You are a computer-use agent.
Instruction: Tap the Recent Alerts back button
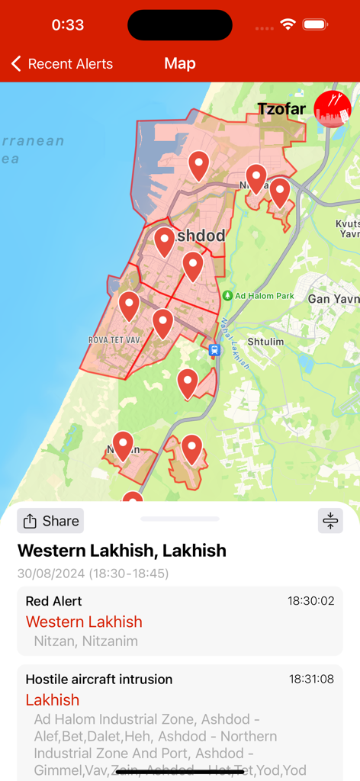click(x=62, y=64)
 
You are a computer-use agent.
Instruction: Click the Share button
click(x=50, y=521)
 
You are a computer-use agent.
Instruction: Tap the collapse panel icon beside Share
click(x=330, y=521)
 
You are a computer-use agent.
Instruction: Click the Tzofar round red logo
click(x=333, y=108)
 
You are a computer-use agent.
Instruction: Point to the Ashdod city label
click(x=200, y=236)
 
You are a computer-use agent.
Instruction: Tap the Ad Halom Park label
click(x=264, y=295)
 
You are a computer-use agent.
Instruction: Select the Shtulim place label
click(x=265, y=342)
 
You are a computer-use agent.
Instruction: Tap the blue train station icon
click(x=214, y=350)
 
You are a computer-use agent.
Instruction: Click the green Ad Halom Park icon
click(x=227, y=295)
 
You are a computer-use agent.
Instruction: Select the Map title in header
click(x=180, y=64)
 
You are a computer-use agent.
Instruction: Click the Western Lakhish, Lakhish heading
click(x=122, y=550)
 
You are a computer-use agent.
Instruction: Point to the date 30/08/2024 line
click(x=93, y=573)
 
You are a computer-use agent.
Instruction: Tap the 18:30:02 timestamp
click(x=311, y=601)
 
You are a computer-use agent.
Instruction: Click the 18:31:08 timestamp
click(x=311, y=679)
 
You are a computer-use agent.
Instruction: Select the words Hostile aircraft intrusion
click(x=99, y=679)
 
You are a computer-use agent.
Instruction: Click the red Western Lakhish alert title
click(x=84, y=622)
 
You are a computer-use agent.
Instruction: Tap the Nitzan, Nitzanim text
click(x=86, y=641)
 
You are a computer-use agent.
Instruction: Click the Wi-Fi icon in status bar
click(x=288, y=24)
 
